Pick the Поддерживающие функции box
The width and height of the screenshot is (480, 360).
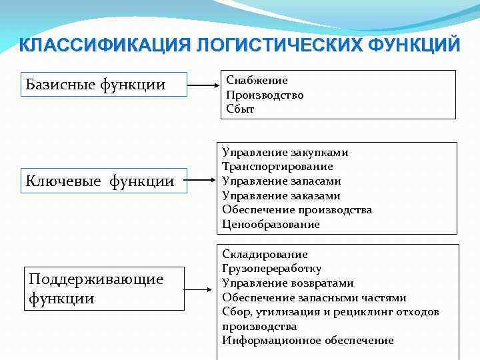coord(103,287)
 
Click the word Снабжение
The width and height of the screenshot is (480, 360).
coord(257,80)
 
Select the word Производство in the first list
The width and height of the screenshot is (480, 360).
coord(265,95)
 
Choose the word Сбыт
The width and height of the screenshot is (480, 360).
coord(240,109)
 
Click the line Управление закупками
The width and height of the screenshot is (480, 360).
coord(285,152)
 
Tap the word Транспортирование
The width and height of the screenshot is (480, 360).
coord(277,167)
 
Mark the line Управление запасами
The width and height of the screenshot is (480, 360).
coord(281,181)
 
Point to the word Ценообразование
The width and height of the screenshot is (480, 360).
coord(271,225)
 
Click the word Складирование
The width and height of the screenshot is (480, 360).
coord(265,254)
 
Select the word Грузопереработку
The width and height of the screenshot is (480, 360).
coord(271,269)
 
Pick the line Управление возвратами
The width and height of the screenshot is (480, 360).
coord(288,283)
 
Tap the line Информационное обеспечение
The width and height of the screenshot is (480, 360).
coord(307,341)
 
